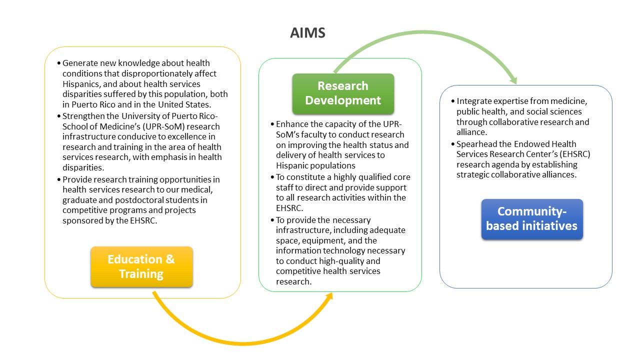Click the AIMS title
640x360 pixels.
[307, 33]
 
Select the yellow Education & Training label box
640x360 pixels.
[141, 266]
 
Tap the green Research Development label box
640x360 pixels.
[343, 93]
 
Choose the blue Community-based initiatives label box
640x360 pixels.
[531, 219]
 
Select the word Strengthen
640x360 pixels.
[83, 116]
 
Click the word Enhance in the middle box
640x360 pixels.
[293, 124]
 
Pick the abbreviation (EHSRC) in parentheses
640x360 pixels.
[574, 154]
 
